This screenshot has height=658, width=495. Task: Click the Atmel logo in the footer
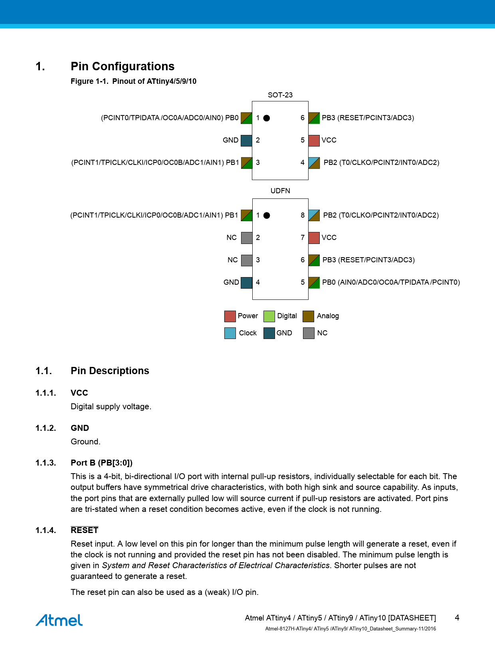pos(59,620)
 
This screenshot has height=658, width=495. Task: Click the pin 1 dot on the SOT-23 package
pos(267,118)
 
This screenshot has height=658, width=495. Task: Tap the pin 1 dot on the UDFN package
pos(267,216)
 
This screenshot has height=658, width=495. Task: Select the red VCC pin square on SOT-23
pos(314,141)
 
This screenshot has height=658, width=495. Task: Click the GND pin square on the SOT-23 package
pos(246,141)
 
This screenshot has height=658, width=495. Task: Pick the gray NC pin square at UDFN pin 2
pos(247,238)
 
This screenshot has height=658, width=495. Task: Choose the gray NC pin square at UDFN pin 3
pos(247,260)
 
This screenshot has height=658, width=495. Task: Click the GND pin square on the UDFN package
pos(247,283)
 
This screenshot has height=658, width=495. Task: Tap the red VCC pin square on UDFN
pos(314,238)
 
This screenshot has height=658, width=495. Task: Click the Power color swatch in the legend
pos(230,316)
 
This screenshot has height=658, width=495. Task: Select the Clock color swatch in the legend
pos(230,333)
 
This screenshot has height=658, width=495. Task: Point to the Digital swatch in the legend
pos(269,316)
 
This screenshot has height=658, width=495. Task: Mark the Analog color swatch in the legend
pos(308,316)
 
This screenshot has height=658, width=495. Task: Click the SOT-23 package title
pos(280,95)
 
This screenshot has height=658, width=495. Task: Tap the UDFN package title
pos(280,191)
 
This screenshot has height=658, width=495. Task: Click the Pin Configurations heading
pos(123,66)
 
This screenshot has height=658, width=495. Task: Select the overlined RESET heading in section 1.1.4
pos(84,530)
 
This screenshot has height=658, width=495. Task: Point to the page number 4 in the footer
pos(457,618)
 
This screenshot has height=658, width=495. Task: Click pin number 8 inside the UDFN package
pos(303,216)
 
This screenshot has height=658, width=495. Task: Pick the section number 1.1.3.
pos(46,463)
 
